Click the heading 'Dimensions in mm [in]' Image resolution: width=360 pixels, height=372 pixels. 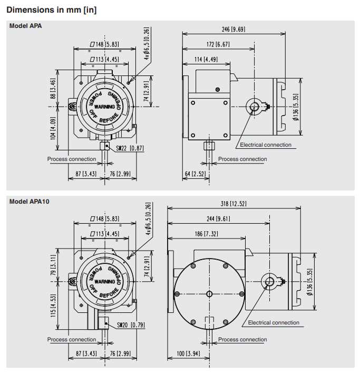pos(51,9)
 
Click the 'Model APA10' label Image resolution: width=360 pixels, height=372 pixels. pos(30,201)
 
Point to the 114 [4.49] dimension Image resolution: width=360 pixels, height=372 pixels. pos(206,59)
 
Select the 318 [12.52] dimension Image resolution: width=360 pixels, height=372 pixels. pos(232,204)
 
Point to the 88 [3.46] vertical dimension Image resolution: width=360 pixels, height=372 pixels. pos(53,89)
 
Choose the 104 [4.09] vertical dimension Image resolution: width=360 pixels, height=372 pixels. pos(53,128)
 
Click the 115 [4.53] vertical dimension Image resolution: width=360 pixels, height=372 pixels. pos(53,305)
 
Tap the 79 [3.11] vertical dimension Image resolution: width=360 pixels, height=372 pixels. pos(53,264)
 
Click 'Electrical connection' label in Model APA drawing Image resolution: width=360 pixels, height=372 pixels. pos(265,145)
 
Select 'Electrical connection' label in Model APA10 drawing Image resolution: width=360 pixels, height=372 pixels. pos(274,322)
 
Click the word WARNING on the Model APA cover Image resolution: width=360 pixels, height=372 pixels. pos(104,107)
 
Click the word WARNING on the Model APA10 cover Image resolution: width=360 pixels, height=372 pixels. pos(104,282)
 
